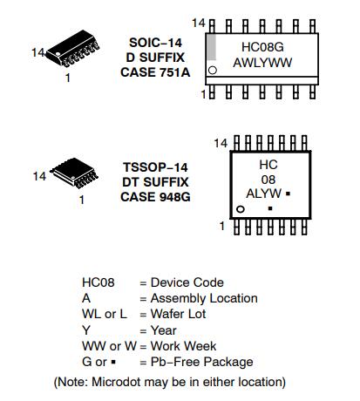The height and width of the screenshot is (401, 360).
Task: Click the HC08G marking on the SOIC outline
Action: tap(262, 47)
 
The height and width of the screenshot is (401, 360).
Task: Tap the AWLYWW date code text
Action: tap(262, 63)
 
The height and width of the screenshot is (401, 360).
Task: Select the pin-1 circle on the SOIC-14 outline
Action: tap(213, 71)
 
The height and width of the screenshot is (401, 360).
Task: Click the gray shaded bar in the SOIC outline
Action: tap(212, 47)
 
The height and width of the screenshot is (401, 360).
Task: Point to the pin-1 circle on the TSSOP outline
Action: tap(241, 209)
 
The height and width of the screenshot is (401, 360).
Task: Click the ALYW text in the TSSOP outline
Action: tap(264, 194)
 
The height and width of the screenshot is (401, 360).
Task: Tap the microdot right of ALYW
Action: tap(288, 194)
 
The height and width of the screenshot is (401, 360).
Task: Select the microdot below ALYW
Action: tap(270, 208)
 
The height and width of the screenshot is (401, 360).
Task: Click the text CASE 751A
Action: tap(155, 72)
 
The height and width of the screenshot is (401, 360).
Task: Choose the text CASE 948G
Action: tap(155, 197)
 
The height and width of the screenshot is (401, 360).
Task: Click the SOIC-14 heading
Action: tap(155, 43)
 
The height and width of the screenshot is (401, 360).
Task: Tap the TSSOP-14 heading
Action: tap(155, 167)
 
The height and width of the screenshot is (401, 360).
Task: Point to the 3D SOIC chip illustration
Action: tap(72, 48)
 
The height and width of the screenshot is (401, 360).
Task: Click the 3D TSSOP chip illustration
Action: tap(74, 173)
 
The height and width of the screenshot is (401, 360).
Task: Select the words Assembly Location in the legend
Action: tap(204, 298)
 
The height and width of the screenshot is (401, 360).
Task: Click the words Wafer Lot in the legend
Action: tap(178, 314)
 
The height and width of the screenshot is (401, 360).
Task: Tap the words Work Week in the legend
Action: tap(183, 346)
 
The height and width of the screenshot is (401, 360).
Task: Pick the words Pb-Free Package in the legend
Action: tap(201, 362)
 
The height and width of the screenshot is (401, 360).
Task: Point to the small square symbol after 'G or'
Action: tap(113, 362)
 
